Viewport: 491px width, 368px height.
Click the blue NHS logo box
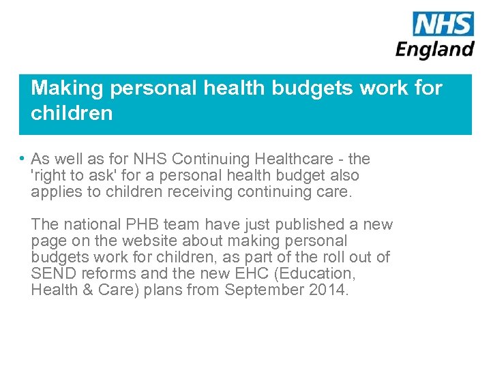(x=443, y=25)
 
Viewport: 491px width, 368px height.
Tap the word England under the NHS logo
(x=435, y=50)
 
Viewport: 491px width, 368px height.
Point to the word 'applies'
(x=53, y=192)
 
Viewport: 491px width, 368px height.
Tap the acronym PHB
(x=143, y=224)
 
